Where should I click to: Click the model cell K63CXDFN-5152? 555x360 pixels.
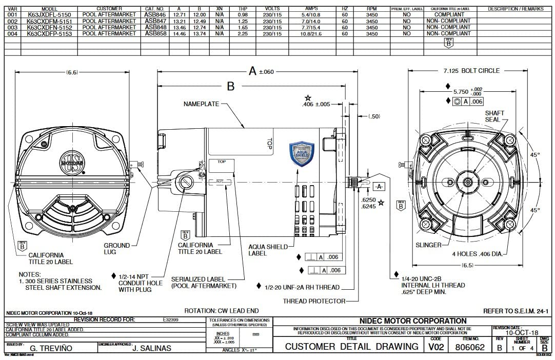49,27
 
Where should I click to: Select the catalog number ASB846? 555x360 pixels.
155,15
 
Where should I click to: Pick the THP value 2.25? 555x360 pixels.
243,33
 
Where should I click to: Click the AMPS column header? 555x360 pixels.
311,9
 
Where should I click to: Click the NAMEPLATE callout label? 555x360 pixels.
201,104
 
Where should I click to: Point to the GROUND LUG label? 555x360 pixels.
117,249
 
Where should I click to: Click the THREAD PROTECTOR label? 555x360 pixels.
313,301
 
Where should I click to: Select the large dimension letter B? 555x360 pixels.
230,86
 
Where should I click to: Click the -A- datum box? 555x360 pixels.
379,187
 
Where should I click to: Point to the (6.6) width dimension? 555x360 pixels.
71,72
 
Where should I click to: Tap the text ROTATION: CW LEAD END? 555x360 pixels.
221,311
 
